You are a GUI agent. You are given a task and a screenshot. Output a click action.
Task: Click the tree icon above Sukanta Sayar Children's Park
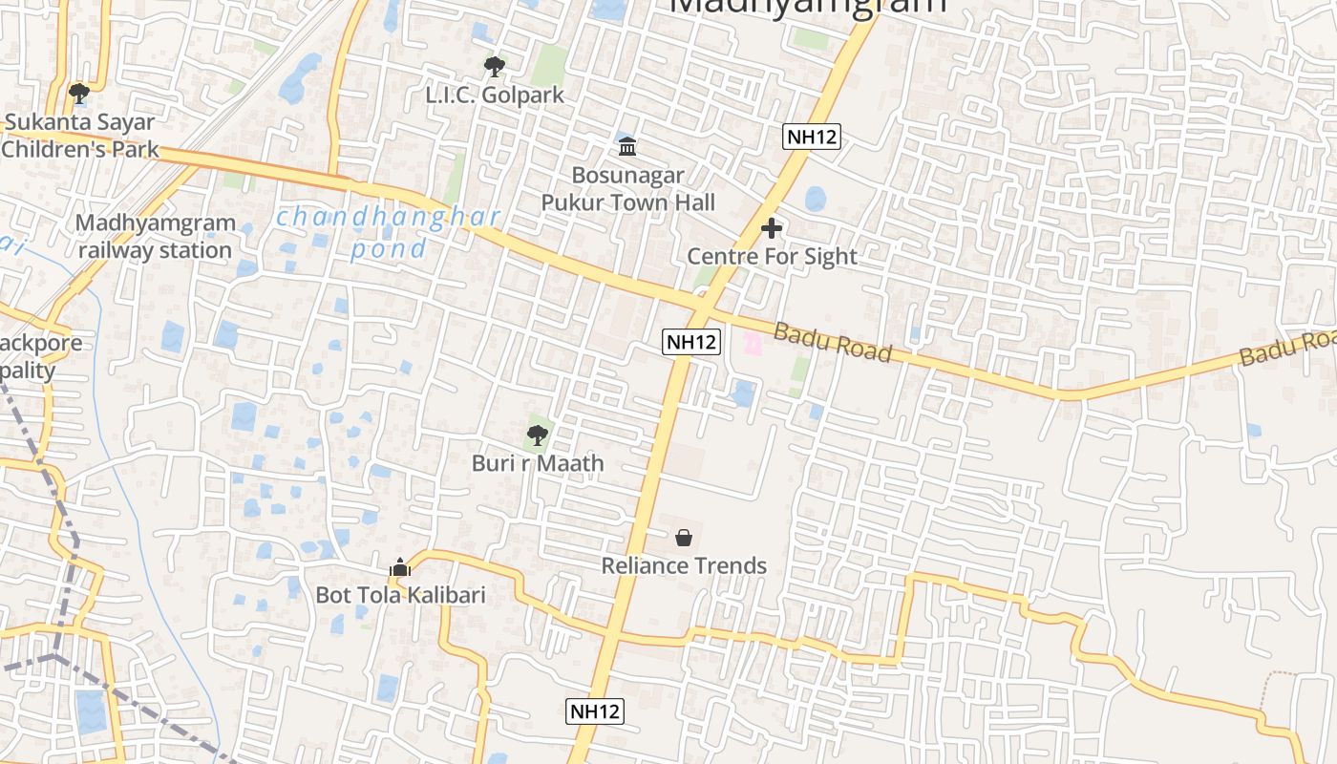[79, 94]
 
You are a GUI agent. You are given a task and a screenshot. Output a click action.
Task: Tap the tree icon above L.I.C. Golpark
[494, 67]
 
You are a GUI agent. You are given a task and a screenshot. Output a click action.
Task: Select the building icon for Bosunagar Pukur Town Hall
[627, 147]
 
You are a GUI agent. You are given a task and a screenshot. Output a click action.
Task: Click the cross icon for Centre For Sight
[772, 228]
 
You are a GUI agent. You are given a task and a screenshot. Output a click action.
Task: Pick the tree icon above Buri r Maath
[538, 435]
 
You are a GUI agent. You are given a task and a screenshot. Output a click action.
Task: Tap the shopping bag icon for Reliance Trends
[684, 538]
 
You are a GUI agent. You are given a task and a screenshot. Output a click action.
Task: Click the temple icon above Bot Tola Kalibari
[400, 568]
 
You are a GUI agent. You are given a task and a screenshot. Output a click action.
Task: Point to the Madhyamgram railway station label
[155, 237]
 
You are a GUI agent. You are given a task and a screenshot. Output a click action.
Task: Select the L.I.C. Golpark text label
[495, 95]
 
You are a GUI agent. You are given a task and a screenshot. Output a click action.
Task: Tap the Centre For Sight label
[772, 257]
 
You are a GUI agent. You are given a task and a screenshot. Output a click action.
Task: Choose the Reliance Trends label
[684, 566]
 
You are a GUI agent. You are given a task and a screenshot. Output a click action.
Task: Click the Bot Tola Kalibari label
[400, 596]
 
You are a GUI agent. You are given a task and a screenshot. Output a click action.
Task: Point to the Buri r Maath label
[538, 464]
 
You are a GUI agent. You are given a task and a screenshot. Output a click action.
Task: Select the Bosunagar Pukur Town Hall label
[627, 189]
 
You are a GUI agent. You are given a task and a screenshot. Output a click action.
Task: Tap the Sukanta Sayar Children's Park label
[80, 137]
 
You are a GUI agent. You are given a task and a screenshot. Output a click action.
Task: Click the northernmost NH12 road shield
[812, 137]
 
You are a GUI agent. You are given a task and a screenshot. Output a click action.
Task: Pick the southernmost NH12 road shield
[595, 711]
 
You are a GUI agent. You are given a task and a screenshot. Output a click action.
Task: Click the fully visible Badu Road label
[832, 343]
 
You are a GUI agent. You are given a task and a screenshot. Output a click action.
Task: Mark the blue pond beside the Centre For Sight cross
[815, 199]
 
